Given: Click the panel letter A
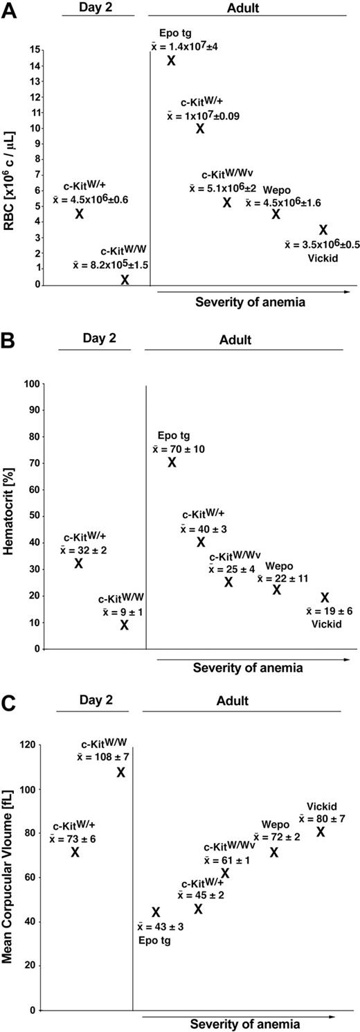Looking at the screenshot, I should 9,12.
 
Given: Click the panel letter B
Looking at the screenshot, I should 9,340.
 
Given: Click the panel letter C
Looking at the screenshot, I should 9,701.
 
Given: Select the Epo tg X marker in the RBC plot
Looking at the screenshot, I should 171,60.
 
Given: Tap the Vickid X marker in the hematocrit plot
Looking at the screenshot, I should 325,598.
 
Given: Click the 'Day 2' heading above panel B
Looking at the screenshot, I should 94,339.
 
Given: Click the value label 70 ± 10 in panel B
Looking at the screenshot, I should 179,449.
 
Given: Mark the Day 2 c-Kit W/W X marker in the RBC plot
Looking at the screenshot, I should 125,280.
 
